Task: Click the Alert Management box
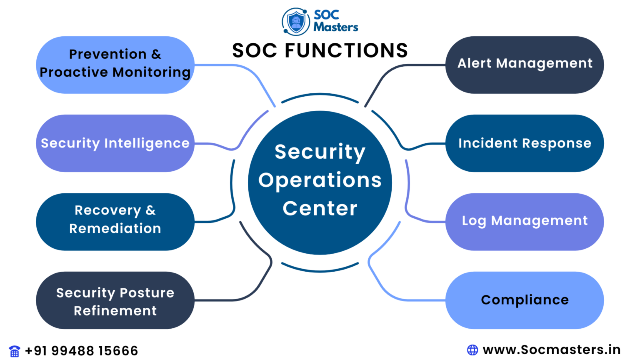click(525, 65)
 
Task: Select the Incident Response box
click(525, 143)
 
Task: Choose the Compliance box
click(525, 300)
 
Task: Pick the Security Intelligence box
click(115, 143)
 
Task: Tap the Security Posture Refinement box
click(115, 300)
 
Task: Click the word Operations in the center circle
click(320, 181)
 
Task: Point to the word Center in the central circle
click(320, 208)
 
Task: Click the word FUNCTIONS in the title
click(346, 51)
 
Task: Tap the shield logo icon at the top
click(296, 22)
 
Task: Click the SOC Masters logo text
click(335, 21)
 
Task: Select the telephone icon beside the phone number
click(15, 351)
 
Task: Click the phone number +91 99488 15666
click(82, 351)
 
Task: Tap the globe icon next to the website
click(472, 350)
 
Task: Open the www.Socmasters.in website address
click(551, 350)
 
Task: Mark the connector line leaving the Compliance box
click(400, 298)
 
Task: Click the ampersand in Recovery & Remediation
click(151, 210)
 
